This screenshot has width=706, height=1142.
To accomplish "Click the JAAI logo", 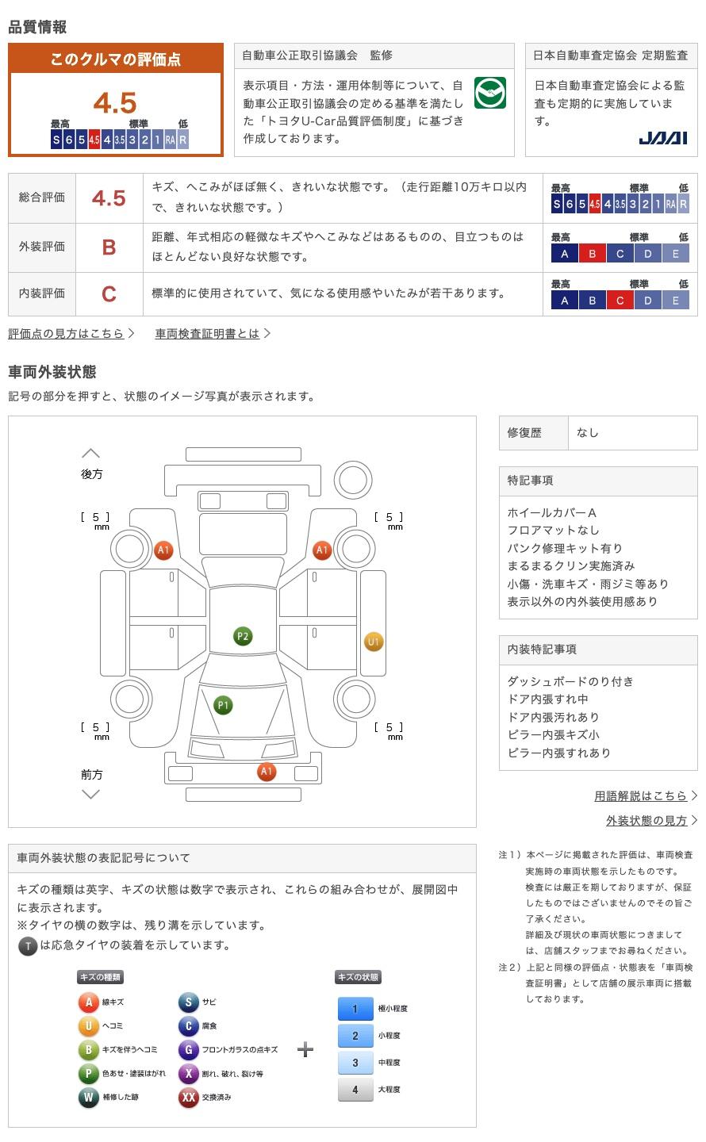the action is point(662,138).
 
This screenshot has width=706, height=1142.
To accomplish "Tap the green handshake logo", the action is point(489,93).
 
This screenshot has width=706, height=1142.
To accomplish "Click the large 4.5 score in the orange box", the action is point(115,103).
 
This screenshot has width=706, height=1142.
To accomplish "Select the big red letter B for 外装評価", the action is point(109,247).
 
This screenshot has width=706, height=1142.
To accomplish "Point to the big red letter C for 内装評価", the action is point(109,294).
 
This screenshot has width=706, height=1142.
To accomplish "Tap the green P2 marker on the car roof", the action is point(243,636).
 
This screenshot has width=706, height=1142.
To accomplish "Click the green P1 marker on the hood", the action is point(223,705).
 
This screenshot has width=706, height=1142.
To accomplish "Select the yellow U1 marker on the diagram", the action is point(374,642).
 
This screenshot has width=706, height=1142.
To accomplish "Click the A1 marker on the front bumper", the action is point(267,772).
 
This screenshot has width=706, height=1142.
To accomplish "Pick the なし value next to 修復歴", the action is point(587,433).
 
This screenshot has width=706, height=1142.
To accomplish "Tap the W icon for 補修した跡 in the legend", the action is point(88,1097).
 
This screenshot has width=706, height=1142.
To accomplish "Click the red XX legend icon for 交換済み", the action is point(188,1097).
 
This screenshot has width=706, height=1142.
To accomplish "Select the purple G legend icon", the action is point(188,1049).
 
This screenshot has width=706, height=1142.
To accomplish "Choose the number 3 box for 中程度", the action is point(355,1063).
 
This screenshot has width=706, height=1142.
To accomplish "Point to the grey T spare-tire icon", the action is point(28,946).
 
